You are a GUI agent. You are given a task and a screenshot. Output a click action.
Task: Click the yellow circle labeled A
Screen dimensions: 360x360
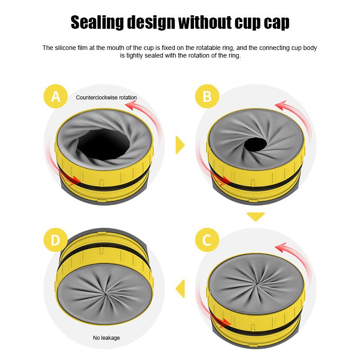[x=56, y=96]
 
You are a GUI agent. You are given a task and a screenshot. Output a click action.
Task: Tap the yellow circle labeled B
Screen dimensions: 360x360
[x=207, y=96]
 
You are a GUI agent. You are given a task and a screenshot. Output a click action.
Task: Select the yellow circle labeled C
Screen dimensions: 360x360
[x=207, y=240]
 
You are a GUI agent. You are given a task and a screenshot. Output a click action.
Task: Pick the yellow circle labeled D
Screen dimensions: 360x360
[x=55, y=240]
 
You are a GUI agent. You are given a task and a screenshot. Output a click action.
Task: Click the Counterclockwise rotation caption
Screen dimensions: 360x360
[x=106, y=97]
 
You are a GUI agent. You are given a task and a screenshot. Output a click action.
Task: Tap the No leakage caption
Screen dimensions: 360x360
[x=107, y=337]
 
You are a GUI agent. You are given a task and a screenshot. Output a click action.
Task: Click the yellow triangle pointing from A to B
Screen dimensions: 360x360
[x=180, y=144]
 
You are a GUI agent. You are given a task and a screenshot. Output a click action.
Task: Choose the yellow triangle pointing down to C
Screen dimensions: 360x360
[x=256, y=216]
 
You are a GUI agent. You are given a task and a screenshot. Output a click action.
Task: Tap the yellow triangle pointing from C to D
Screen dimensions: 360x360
[x=180, y=288]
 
